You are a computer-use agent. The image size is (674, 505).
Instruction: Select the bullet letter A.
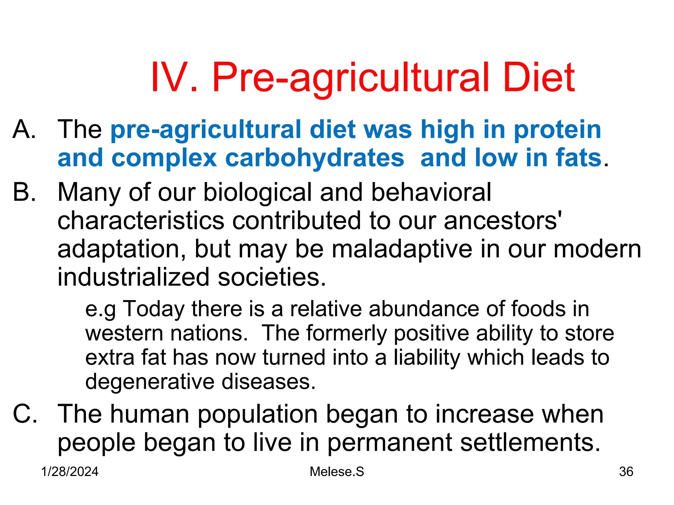(24, 129)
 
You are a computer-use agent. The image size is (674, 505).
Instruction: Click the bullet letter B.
(24, 192)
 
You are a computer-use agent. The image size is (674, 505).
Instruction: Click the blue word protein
(557, 130)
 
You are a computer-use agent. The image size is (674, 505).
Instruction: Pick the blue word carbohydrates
(314, 158)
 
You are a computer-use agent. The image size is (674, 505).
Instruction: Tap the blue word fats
(579, 158)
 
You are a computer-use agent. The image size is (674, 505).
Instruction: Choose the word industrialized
(133, 277)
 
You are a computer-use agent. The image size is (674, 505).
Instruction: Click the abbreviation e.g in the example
(100, 309)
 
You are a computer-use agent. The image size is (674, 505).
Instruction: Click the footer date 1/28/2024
(70, 472)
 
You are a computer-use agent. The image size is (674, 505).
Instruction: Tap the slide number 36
(626, 472)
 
